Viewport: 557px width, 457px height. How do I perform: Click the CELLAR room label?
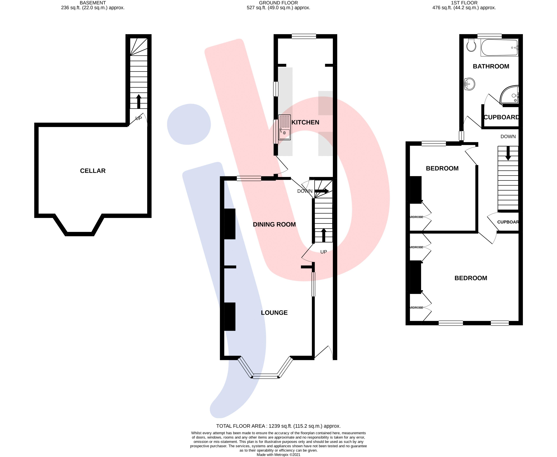click(x=93, y=171)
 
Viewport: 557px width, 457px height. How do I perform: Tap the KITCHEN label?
click(x=305, y=122)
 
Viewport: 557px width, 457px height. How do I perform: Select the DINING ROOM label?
click(x=274, y=225)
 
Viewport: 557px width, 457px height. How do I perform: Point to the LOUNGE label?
click(x=274, y=313)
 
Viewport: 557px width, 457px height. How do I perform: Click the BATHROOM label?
click(x=491, y=66)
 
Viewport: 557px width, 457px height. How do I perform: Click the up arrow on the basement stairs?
click(x=138, y=101)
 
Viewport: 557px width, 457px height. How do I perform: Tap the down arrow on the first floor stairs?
click(x=508, y=153)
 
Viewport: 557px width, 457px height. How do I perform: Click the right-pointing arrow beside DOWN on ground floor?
click(x=322, y=191)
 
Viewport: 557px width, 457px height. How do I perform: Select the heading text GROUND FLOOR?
click(x=278, y=3)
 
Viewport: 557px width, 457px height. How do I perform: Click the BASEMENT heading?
click(x=93, y=3)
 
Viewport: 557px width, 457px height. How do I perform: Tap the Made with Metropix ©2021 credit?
click(x=278, y=455)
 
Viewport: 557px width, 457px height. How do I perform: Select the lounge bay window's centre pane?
click(x=265, y=376)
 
